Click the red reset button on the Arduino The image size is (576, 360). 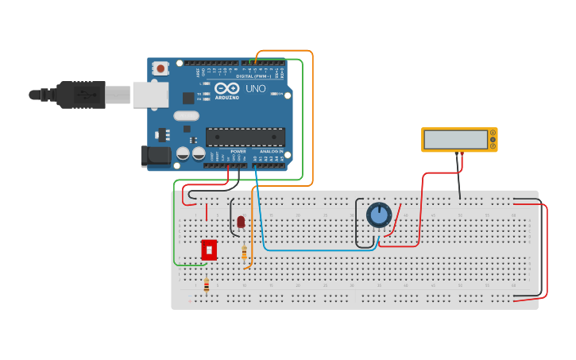(161, 69)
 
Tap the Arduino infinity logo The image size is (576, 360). (226, 89)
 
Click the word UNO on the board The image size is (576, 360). (255, 89)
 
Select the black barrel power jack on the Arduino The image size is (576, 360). (155, 156)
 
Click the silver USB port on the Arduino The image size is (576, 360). (150, 94)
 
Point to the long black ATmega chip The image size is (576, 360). (245, 137)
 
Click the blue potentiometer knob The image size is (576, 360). (379, 215)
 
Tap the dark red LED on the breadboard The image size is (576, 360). (241, 222)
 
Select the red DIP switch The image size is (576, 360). (209, 250)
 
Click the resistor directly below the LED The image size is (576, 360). (244, 253)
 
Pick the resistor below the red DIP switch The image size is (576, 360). (207, 284)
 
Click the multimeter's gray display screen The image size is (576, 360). (456, 140)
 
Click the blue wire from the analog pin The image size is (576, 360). (318, 250)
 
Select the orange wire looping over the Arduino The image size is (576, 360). (312, 119)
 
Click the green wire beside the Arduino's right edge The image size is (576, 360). (303, 119)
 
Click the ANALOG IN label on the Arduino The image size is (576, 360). (271, 151)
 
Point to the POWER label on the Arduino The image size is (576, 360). (238, 151)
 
